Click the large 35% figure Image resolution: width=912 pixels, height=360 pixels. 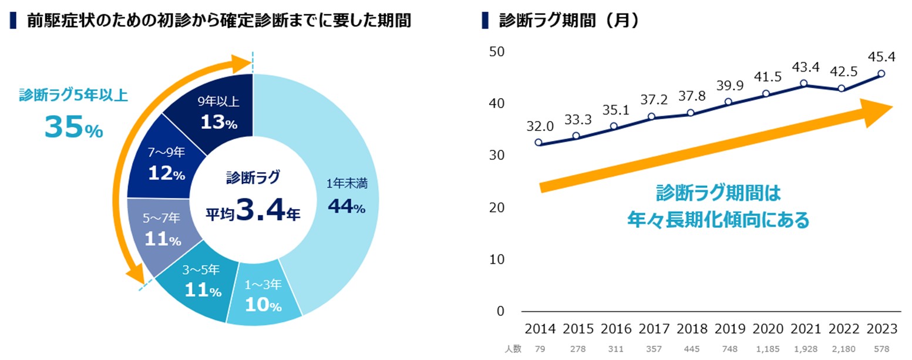pos(73,128)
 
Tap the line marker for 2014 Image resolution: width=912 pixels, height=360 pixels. pos(539,142)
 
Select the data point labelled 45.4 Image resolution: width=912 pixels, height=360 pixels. pos(881,74)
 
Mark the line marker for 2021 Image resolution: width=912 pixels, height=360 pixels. pos(803,83)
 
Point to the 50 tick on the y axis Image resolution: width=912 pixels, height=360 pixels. pos(496,52)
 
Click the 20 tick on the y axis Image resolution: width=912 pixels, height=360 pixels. pos(496,207)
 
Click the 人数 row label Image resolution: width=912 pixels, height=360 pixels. pos(513,349)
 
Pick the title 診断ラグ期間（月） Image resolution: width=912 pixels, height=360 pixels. pos(568,21)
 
